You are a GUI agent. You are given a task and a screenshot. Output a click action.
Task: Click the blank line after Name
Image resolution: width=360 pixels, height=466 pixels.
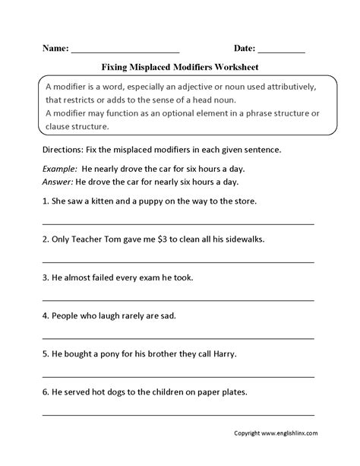pyautogui.click(x=125, y=50)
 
